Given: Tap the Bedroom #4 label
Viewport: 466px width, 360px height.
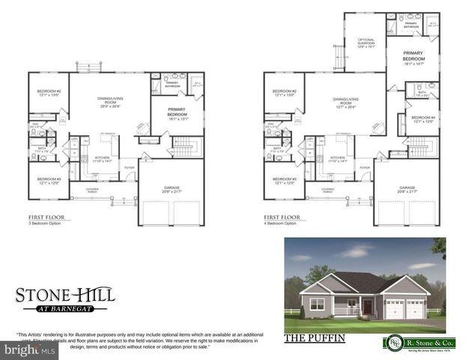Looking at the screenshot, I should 423,119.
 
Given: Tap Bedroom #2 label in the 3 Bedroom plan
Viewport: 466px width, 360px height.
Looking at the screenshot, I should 49,93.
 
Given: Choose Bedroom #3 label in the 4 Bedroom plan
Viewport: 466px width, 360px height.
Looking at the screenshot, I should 284,181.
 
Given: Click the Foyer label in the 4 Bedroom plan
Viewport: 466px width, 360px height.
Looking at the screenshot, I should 365,167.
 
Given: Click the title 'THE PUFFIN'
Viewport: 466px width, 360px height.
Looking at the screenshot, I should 315,339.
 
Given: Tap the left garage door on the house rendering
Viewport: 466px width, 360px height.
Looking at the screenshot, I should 393,308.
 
